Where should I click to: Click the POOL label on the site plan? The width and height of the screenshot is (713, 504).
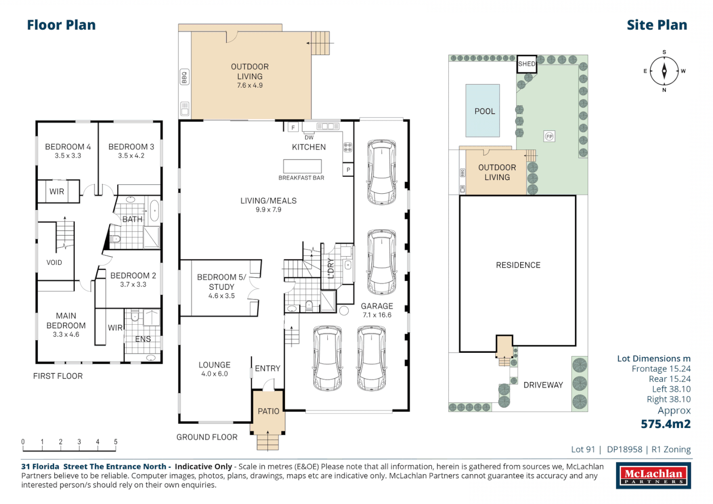(x=484, y=111)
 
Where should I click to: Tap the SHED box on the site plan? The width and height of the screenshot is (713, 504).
(x=527, y=64)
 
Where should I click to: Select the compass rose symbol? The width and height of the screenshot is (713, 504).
(x=664, y=71)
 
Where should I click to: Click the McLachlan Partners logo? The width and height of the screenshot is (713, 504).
(x=653, y=476)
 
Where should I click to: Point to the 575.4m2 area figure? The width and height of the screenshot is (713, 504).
(x=665, y=424)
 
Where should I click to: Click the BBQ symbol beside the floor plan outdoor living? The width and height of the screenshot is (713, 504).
(x=184, y=77)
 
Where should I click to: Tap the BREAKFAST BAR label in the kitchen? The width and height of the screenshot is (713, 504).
(x=301, y=178)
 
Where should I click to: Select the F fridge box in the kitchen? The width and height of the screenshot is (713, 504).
(x=293, y=127)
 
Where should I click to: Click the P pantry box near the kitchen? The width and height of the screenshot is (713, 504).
(x=348, y=169)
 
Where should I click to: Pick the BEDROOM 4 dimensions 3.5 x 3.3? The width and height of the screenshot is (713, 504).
(x=68, y=156)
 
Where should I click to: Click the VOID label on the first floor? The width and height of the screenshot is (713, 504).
(x=54, y=262)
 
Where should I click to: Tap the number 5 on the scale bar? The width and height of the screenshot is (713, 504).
(x=116, y=441)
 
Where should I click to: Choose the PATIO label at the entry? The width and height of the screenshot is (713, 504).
(x=268, y=411)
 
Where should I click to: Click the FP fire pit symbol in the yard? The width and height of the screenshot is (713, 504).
(x=549, y=136)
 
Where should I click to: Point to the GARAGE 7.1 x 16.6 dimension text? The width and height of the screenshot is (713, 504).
(x=377, y=315)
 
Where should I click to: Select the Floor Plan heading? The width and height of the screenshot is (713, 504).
(x=61, y=25)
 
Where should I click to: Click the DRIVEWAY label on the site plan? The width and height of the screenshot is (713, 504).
(x=543, y=385)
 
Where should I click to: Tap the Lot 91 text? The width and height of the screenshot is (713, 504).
(x=583, y=449)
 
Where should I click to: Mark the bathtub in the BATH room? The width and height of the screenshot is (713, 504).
(x=155, y=210)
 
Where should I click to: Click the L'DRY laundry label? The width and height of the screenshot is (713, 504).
(x=331, y=268)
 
